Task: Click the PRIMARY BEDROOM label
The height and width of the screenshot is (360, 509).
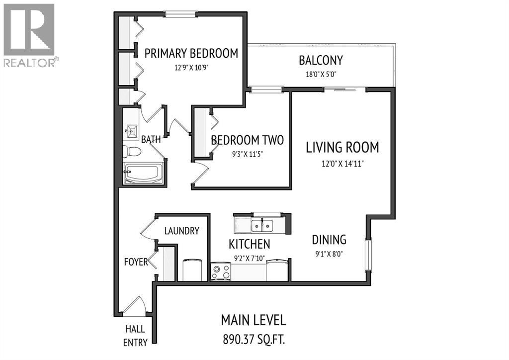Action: tap(191, 53)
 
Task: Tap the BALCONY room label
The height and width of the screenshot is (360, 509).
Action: tap(321, 60)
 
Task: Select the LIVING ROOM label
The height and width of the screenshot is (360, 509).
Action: tap(342, 147)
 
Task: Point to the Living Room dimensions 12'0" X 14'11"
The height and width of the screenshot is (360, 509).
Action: tap(342, 163)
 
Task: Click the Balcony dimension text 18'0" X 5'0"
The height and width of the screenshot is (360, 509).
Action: tap(321, 75)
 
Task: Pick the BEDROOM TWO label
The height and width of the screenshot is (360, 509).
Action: tap(248, 140)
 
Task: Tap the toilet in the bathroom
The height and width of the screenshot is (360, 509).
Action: tap(131, 151)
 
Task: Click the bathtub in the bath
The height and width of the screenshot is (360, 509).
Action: tap(143, 174)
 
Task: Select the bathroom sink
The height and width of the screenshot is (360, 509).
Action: tap(132, 131)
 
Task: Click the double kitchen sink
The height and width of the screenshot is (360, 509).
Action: tap(262, 225)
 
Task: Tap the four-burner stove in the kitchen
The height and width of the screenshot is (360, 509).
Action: tap(221, 271)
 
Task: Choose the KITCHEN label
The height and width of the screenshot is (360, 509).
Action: tap(250, 244)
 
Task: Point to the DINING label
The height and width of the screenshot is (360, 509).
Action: tap(329, 240)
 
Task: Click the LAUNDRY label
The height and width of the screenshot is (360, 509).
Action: tap(182, 231)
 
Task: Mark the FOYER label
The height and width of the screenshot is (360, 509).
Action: tap(136, 262)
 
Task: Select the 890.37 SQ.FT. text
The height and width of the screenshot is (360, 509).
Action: tap(254, 340)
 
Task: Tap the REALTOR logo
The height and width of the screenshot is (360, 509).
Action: tap(29, 35)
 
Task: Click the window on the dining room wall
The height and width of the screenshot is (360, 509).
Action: tap(368, 255)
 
